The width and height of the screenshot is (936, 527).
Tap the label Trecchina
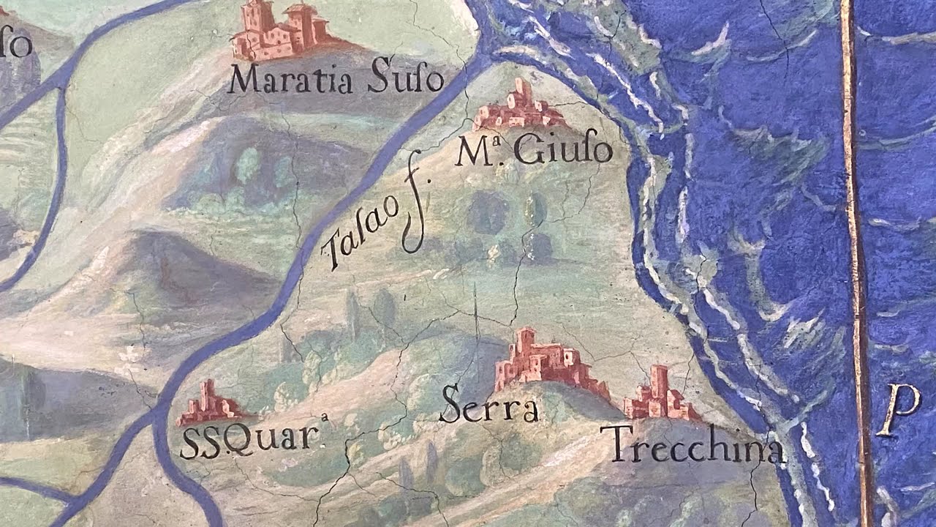pos(695,445)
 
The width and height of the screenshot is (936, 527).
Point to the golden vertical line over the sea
pos(854,220)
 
